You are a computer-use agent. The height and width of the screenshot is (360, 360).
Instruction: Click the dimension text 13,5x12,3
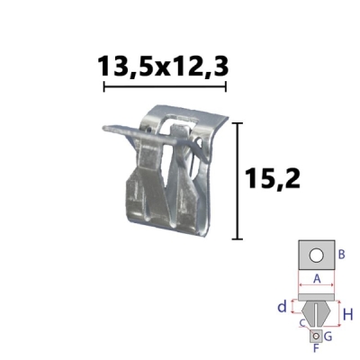coord(163,66)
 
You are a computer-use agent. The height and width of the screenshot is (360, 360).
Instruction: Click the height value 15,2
coord(273,178)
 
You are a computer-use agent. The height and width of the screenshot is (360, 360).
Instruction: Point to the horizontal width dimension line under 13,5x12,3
coord(165,86)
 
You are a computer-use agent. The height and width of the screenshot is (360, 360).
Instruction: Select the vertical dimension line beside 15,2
coord(238,181)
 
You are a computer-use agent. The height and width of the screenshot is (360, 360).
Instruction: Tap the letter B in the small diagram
coord(341,255)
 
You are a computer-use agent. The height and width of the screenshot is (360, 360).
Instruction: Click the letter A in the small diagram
coord(317,279)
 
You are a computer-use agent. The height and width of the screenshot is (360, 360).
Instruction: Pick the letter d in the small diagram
coord(282,307)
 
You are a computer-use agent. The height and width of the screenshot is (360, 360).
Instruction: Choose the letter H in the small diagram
coord(348,315)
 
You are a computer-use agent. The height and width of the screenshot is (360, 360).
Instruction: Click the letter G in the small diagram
coord(328,337)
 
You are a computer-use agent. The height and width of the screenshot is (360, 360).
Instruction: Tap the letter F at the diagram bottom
coord(316,348)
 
